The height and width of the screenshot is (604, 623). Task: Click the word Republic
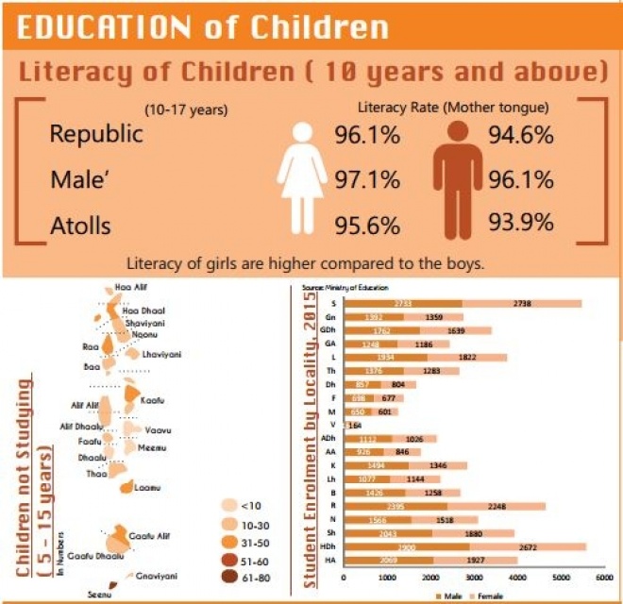pos(96,134)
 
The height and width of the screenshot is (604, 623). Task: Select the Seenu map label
pos(98,594)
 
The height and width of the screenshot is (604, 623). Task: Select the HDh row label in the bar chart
pos(329,547)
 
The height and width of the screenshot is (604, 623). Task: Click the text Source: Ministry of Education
pos(345,285)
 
